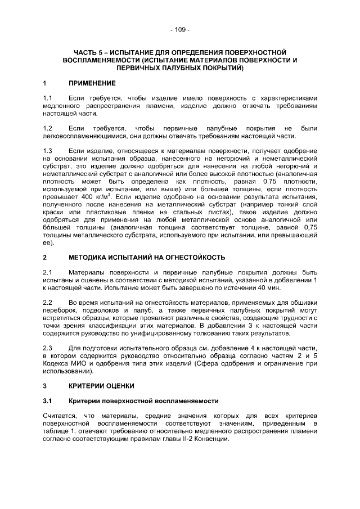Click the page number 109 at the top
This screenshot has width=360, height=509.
pyautogui.click(x=179, y=29)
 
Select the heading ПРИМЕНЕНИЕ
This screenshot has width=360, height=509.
pyautogui.click(x=92, y=83)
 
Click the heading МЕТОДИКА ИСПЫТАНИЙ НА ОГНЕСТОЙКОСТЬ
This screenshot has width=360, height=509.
pyautogui.click(x=147, y=258)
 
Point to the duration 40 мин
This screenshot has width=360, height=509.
pyautogui.click(x=268, y=287)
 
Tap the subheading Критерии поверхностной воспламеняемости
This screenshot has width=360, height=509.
pyautogui.click(x=143, y=401)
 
